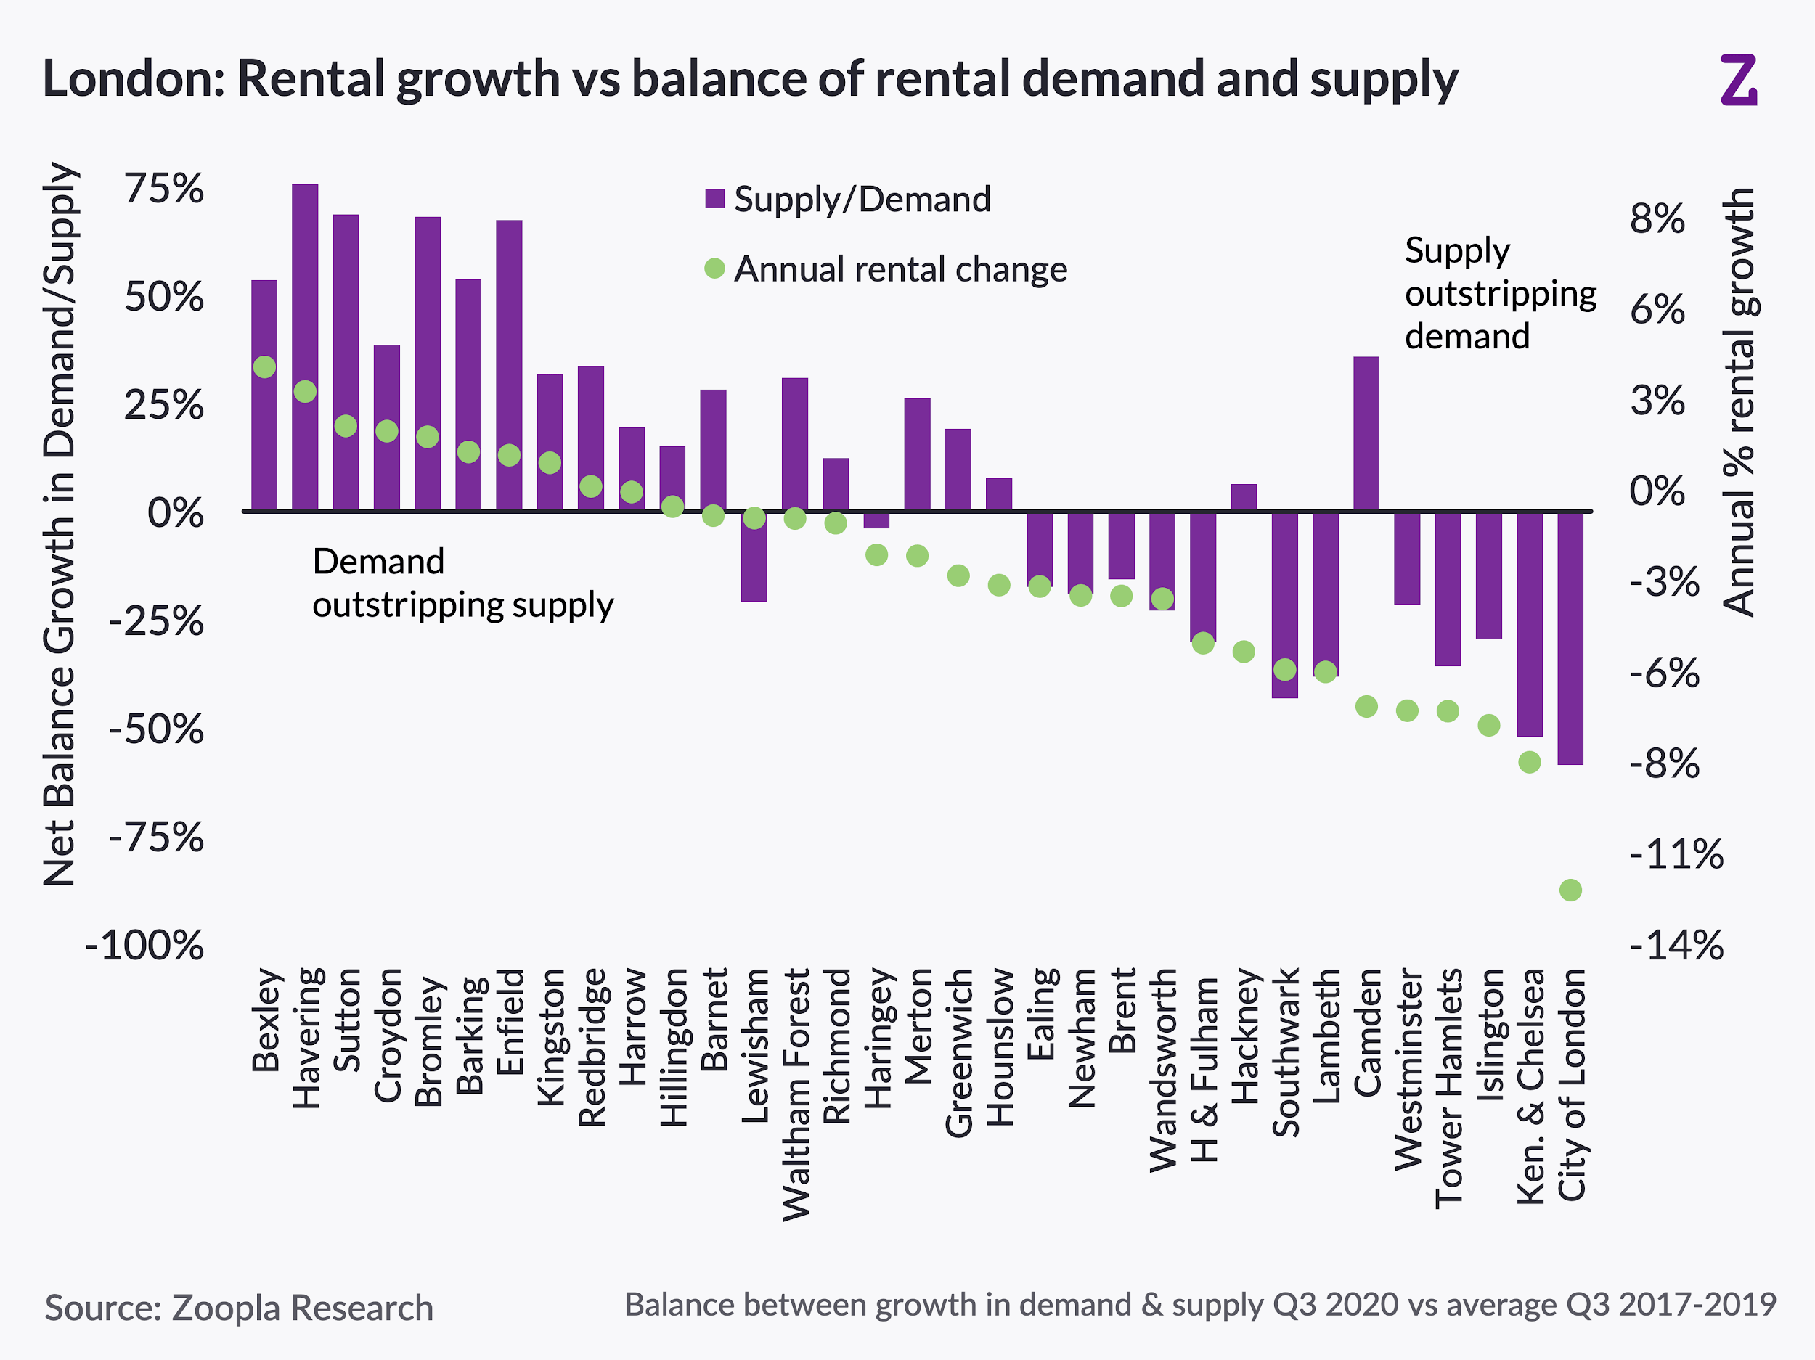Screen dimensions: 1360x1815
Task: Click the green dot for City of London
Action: pos(1570,890)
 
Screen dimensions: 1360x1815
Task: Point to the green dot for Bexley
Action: pos(264,366)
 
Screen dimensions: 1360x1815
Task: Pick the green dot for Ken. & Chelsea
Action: pos(1530,762)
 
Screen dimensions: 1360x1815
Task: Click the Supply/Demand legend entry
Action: pos(849,200)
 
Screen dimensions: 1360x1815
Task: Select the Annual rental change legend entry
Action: pos(886,269)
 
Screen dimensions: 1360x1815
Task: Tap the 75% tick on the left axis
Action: pos(163,189)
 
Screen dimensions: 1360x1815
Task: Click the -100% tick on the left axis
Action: pos(144,945)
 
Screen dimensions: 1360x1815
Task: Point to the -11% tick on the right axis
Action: pos(1676,855)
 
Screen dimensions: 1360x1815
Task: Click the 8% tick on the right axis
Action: pos(1657,219)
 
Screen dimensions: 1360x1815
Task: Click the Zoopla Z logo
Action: pos(1739,80)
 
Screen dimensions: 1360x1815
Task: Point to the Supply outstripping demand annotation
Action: pos(1500,294)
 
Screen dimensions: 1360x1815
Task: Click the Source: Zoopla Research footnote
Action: pos(239,1308)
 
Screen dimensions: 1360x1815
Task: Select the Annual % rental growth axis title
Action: pos(1739,402)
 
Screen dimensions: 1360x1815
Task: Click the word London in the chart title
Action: pos(131,79)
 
